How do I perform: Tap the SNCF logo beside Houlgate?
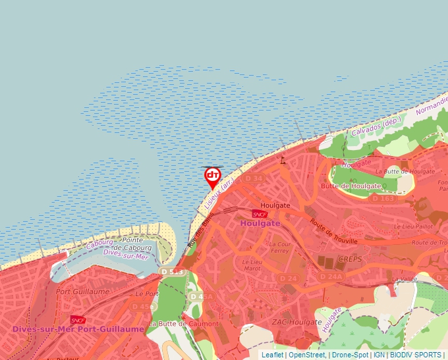tap(260, 214)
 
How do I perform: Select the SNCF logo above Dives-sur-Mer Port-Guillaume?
tap(78, 320)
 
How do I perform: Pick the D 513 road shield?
tap(171, 272)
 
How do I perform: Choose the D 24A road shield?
tap(331, 276)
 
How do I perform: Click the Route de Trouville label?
tap(333, 232)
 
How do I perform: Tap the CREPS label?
tap(350, 259)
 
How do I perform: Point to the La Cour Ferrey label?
tap(279, 247)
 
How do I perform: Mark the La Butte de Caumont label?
tap(184, 324)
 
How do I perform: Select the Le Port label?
tap(148, 294)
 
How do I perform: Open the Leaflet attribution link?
tap(272, 355)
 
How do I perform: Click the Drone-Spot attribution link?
tap(350, 355)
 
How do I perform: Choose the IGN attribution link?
tap(379, 355)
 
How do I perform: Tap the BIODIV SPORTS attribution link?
tap(415, 355)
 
